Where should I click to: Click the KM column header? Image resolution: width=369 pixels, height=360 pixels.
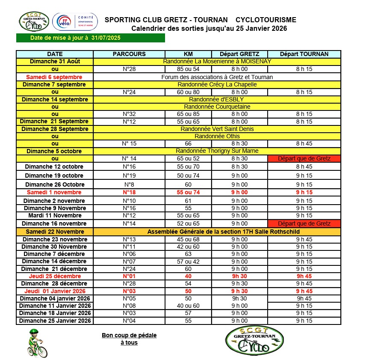tap(188, 54)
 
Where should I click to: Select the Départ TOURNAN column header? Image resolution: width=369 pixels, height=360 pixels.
tap(304, 54)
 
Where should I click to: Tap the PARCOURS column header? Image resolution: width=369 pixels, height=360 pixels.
tap(129, 54)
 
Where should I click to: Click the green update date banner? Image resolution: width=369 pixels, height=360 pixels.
tap(90, 38)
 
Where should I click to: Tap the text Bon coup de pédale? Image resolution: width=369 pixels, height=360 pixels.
tap(129, 335)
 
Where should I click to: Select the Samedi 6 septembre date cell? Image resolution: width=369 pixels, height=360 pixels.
tap(54, 77)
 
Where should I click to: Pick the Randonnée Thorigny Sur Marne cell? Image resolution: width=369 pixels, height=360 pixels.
tap(217, 151)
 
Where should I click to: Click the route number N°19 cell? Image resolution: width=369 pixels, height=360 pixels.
tap(129, 176)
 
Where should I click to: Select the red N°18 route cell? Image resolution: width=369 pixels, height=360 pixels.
tap(129, 192)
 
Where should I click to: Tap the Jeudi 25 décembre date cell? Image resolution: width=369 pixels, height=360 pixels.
tap(54, 276)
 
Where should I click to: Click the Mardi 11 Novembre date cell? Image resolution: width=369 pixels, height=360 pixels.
tap(54, 215)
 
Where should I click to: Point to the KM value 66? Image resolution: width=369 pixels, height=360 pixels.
tap(188, 143)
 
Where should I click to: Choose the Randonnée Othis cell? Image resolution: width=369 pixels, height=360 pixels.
tap(217, 136)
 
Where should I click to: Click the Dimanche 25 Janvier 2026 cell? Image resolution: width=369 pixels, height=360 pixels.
tap(55, 321)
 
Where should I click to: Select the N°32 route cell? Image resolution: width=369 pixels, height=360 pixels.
tap(129, 114)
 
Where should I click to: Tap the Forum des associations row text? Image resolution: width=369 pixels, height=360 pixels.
tap(217, 77)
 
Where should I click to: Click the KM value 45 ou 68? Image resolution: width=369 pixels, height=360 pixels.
tap(188, 239)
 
